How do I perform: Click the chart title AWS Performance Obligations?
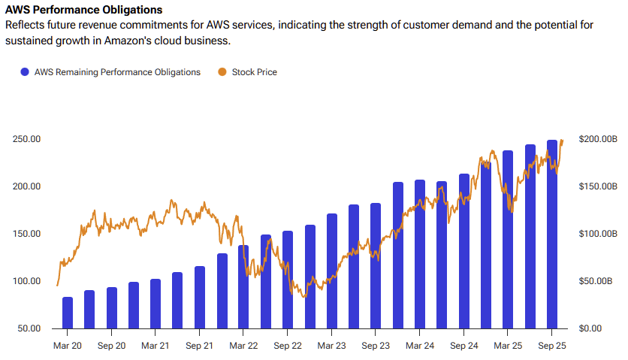[83, 11]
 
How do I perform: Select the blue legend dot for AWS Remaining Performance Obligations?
[25, 72]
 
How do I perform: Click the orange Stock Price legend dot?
[222, 72]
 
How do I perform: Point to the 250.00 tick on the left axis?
[26, 139]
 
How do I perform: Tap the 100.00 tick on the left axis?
[26, 281]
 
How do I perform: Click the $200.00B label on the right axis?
[597, 139]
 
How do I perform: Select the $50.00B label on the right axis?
[597, 281]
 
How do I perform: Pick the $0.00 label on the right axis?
[592, 328]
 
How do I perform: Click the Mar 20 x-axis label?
[67, 346]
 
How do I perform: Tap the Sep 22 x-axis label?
[287, 346]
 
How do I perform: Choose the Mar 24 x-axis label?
[419, 346]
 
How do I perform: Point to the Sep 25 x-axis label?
[552, 346]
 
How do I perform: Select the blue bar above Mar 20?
[68, 313]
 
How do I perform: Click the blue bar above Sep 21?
[200, 298]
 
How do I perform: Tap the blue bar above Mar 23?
[332, 271]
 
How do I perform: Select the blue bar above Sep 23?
[376, 266]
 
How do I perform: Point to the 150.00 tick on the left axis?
[26, 234]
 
